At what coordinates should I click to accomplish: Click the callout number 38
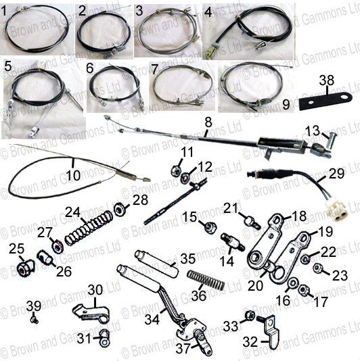[327, 80]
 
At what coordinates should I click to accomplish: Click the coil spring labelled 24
[89, 228]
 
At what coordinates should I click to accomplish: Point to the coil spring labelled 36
[206, 280]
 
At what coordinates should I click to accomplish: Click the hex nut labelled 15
[210, 226]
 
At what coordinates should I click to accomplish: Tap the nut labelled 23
[317, 268]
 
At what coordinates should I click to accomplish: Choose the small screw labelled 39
[35, 320]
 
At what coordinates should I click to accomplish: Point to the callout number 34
[152, 320]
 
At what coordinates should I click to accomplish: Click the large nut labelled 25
[25, 268]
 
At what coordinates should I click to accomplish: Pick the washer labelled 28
[120, 210]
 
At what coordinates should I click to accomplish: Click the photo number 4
[208, 12]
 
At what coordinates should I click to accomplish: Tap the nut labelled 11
[176, 170]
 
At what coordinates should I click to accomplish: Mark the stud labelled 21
[252, 222]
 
